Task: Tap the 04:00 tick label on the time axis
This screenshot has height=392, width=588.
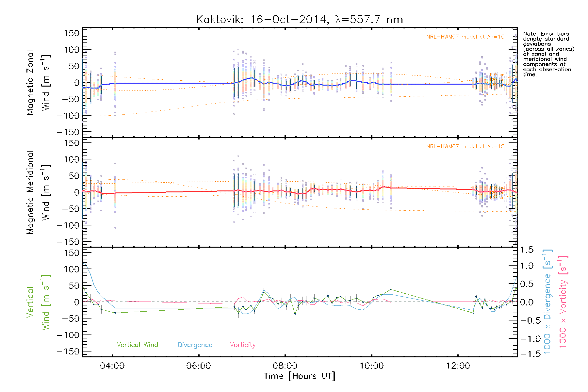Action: [112, 366]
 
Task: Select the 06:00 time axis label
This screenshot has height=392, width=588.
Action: [198, 366]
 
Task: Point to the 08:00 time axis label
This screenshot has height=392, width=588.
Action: [285, 366]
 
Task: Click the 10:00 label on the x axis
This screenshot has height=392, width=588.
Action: [371, 366]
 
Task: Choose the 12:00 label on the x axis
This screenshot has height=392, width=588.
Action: [458, 366]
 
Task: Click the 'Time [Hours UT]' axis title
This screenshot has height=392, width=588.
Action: [300, 376]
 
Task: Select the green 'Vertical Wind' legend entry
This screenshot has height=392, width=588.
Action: [137, 345]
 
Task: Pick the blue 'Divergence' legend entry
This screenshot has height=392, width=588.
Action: [195, 345]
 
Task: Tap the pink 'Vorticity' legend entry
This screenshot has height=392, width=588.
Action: [242, 345]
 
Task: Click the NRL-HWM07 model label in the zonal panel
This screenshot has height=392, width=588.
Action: [465, 37]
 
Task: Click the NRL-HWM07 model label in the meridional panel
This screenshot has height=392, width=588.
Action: [465, 146]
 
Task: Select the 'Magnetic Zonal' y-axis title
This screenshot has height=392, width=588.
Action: [30, 83]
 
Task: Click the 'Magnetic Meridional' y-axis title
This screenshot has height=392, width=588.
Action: [30, 192]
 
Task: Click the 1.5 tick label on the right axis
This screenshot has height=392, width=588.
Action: [527, 250]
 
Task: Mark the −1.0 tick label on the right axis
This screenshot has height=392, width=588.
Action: [526, 339]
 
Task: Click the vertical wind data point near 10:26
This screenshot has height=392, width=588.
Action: [391, 289]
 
